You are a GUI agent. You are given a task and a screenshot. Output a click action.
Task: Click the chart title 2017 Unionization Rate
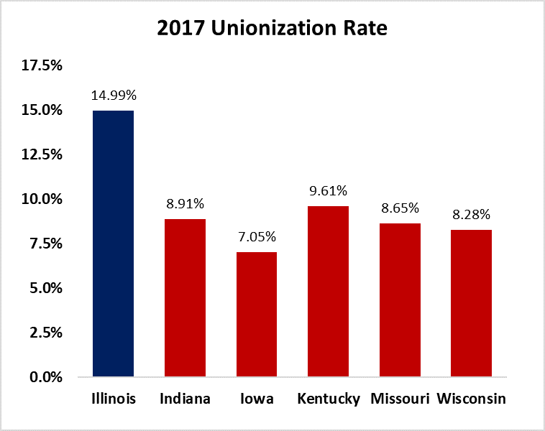point(272,29)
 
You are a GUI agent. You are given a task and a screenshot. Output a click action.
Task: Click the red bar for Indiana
point(185,297)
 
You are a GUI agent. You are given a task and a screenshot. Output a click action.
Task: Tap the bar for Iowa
point(257,314)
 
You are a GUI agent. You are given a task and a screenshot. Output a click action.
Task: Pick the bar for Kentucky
point(328,291)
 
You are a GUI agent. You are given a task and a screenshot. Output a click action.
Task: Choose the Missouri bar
point(400,300)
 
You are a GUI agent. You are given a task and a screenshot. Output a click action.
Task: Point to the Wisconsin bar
point(471,302)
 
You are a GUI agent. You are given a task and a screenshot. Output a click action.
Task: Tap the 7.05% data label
point(257,237)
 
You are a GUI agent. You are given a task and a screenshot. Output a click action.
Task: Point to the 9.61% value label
point(328,191)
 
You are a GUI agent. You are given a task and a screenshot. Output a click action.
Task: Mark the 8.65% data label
point(400,208)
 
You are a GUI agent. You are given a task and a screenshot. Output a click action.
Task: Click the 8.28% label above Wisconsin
point(471,215)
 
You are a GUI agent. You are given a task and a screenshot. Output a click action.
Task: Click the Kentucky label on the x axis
point(328,399)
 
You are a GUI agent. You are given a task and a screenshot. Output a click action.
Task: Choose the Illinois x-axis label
point(114,399)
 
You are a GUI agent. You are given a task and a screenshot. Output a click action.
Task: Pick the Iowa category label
point(257,399)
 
